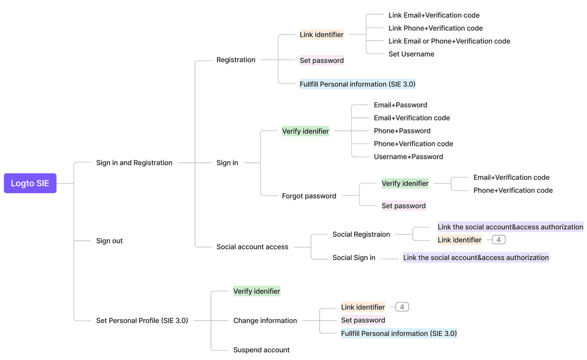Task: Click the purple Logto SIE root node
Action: [30, 183]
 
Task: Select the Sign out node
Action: [109, 241]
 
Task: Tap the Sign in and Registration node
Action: [134, 163]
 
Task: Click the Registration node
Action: [236, 60]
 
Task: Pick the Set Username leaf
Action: [411, 54]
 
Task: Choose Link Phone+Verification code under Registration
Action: [435, 28]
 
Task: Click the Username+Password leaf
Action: [408, 157]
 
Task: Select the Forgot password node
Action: [309, 196]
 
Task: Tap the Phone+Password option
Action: [402, 131]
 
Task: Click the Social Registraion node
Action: [361, 234]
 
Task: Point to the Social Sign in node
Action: [354, 258]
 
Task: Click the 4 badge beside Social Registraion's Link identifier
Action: [498, 240]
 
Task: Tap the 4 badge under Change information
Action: [402, 307]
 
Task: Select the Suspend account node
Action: [261, 350]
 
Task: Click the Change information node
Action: [265, 321]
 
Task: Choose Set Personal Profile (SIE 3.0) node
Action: [142, 321]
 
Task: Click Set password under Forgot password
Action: [404, 206]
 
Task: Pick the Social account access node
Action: [252, 247]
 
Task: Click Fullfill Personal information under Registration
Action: [357, 84]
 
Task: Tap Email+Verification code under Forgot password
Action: [511, 177]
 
